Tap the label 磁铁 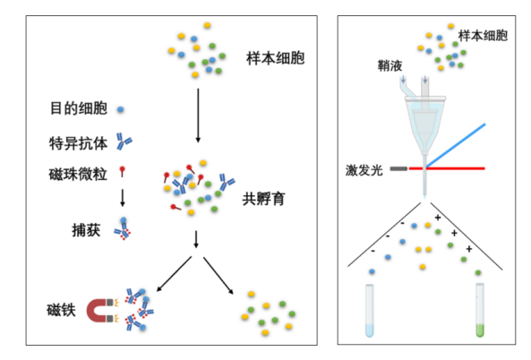coord(61,310)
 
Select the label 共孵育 coord(263,199)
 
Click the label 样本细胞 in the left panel coord(275,58)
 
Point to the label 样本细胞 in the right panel coord(483,36)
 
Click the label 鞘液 coord(390,65)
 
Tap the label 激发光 coord(364,170)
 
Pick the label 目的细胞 coord(79,108)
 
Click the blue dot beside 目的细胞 coord(120,109)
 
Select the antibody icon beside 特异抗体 coord(124,141)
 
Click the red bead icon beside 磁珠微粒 coord(123,171)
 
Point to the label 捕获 coord(86,230)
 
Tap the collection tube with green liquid coord(480,310)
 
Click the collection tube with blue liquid coord(370,311)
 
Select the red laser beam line coord(447,168)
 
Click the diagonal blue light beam coord(456,146)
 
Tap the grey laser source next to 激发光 coord(398,168)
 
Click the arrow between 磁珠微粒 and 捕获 coord(123,198)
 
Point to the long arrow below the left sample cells coord(198,116)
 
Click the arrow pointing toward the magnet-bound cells coord(174,274)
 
